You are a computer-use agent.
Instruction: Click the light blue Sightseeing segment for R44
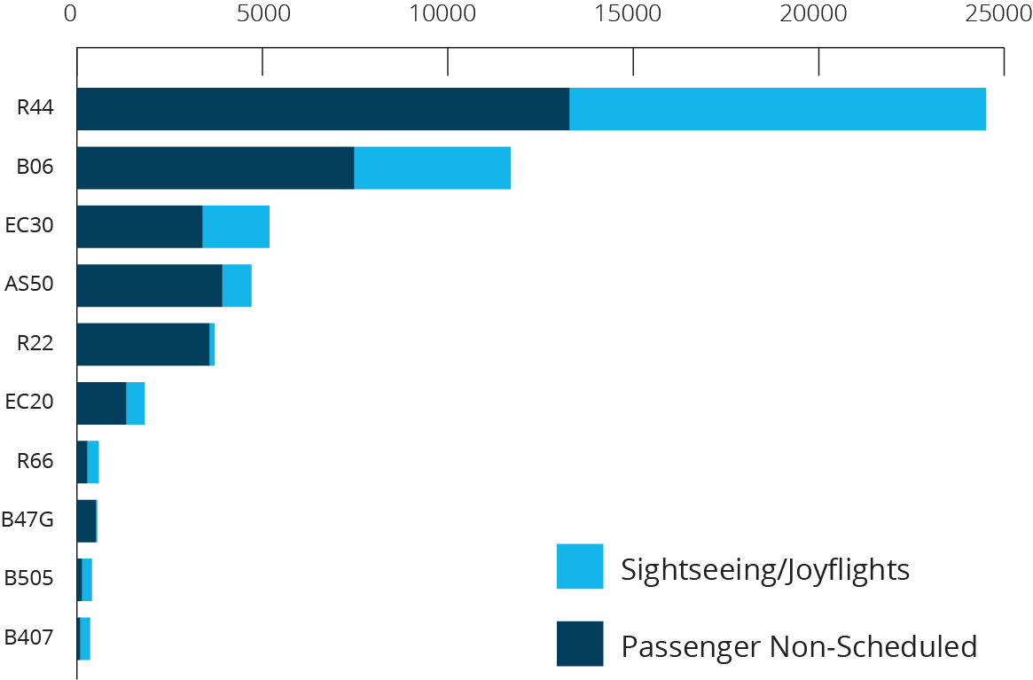pos(777,109)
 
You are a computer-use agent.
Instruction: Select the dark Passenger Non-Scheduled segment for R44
pos(323,109)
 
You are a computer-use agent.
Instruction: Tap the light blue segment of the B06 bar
pos(432,168)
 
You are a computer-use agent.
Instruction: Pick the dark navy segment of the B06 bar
pos(215,168)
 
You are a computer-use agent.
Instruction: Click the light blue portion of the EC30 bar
pos(236,226)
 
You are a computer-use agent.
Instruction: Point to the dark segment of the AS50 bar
pos(149,285)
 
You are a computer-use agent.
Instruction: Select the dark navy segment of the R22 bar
pos(143,344)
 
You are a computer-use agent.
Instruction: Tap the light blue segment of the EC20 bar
pos(135,403)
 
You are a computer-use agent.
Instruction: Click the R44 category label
pos(35,108)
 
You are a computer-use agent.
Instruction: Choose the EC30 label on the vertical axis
pos(29,225)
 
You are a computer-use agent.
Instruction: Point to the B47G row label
pos(27,520)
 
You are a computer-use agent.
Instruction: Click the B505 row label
pos(28,578)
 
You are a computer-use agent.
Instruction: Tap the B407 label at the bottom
pos(28,637)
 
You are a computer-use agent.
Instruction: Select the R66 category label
pos(35,461)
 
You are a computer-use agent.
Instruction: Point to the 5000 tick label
pos(262,14)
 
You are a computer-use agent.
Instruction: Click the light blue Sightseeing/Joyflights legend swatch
pos(580,567)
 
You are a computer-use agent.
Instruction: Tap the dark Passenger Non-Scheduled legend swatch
pos(580,644)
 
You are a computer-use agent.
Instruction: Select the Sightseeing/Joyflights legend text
pos(765,568)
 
